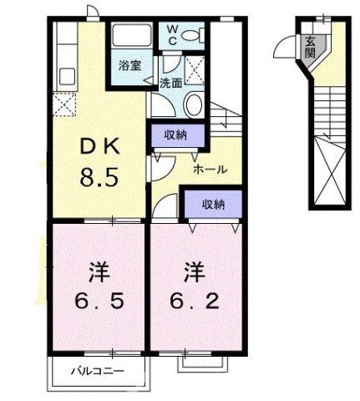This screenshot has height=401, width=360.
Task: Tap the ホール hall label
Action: (209, 169)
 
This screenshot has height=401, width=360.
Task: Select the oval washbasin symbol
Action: (192, 104)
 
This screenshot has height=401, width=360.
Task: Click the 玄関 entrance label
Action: (310, 46)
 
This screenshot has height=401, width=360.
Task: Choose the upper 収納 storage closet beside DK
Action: (175, 135)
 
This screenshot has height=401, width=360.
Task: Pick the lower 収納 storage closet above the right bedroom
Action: (213, 203)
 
